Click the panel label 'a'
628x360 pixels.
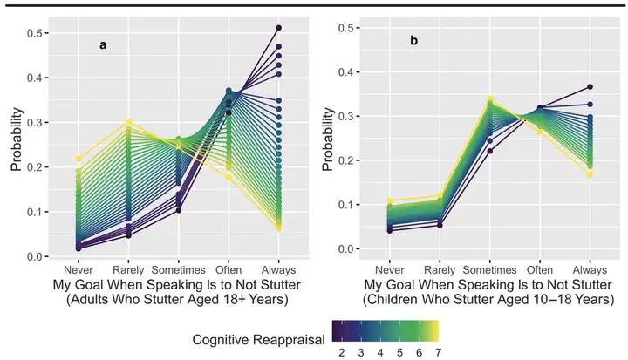[x=103, y=45]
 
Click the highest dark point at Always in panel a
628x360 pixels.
[x=279, y=28]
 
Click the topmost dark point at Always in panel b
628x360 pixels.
[x=590, y=87]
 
